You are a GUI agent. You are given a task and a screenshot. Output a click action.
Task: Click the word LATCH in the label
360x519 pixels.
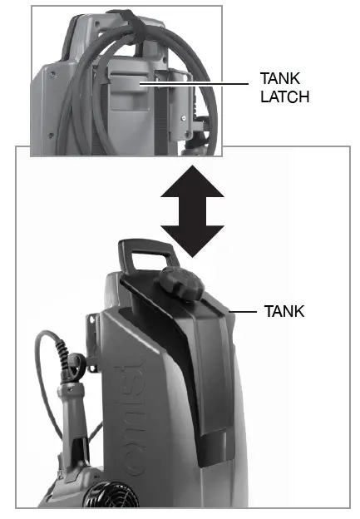(x=284, y=96)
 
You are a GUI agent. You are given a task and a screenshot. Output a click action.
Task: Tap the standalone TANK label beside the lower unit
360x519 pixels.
(x=285, y=312)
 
